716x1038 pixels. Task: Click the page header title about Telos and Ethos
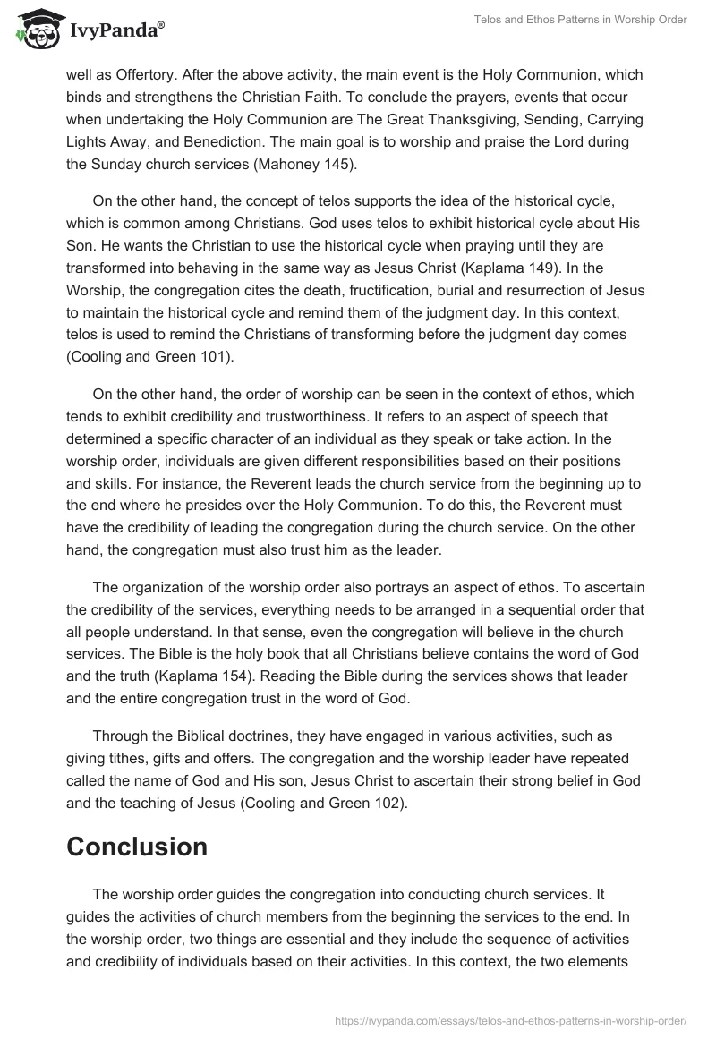579,21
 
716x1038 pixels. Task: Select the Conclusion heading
137,847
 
